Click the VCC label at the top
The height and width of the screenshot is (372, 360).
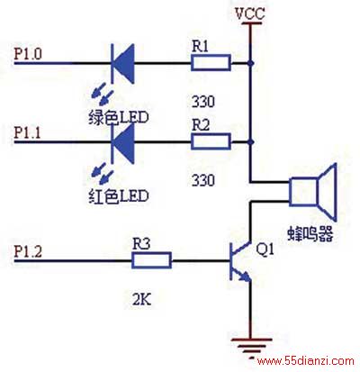click(x=250, y=14)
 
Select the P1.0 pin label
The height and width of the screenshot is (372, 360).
click(x=28, y=53)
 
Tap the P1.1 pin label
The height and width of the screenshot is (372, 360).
click(x=28, y=132)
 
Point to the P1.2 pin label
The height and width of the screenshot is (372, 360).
click(x=28, y=250)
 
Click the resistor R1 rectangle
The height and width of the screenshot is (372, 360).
click(x=211, y=63)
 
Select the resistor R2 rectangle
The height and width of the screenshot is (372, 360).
click(x=211, y=141)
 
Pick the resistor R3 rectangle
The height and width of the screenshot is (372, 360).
click(x=151, y=260)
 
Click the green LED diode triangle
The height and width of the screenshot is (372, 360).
click(x=122, y=63)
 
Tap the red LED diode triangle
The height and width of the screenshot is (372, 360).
click(x=122, y=142)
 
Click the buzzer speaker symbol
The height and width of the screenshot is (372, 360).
click(x=312, y=192)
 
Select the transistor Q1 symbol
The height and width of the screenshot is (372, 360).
click(x=240, y=261)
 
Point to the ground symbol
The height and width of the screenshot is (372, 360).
click(x=251, y=346)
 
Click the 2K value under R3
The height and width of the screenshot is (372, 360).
click(x=142, y=299)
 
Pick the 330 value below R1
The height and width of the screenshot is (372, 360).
click(x=203, y=102)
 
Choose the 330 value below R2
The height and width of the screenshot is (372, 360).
click(x=203, y=180)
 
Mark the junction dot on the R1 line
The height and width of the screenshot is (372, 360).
click(x=251, y=63)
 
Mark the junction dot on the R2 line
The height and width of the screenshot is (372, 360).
click(x=251, y=141)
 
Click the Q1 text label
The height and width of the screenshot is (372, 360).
click(x=265, y=250)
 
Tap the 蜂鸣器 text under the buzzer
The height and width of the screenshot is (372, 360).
click(x=310, y=233)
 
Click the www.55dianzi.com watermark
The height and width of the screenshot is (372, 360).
click(x=306, y=361)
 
